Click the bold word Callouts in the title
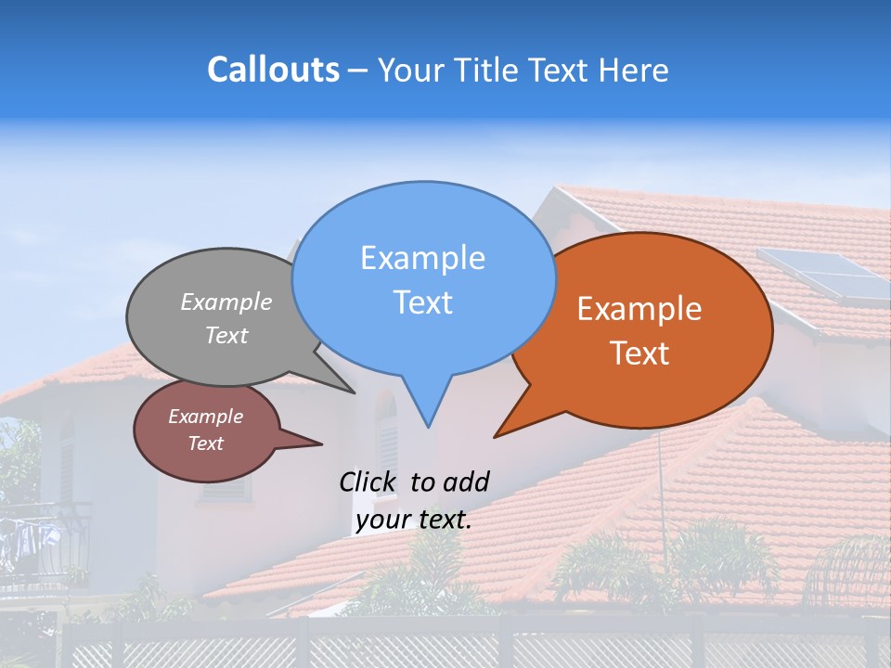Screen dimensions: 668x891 click(x=273, y=70)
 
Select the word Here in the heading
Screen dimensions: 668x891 click(x=635, y=71)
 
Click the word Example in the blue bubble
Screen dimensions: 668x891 click(x=422, y=258)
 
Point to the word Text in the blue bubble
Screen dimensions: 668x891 click(x=422, y=302)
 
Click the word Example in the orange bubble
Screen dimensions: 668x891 click(x=639, y=309)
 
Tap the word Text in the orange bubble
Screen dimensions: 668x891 click(x=639, y=353)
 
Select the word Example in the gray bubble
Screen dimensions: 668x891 click(x=226, y=302)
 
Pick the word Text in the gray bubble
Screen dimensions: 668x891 click(x=226, y=336)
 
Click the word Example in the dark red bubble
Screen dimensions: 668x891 click(x=205, y=417)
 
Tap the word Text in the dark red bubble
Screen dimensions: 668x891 click(x=205, y=443)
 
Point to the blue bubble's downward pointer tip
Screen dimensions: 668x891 click(x=427, y=426)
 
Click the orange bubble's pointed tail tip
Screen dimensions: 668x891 click(x=496, y=436)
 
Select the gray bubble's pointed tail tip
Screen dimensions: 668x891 click(x=354, y=392)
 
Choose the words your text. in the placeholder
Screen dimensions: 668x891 click(x=414, y=520)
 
